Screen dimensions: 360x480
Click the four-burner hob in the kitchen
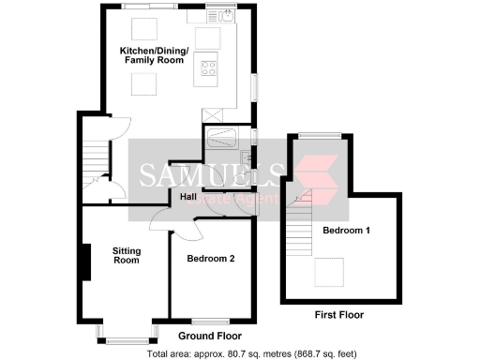(x=207, y=68)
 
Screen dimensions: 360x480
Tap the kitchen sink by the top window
(x=228, y=15)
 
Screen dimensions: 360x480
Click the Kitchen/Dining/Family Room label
(x=154, y=54)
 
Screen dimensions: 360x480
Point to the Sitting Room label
(x=126, y=255)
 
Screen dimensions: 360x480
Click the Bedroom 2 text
(x=210, y=258)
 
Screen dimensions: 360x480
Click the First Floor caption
(x=338, y=315)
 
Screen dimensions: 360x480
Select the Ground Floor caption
(x=210, y=336)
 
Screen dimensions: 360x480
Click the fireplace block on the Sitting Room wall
(x=85, y=262)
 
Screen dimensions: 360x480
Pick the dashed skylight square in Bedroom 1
(x=328, y=274)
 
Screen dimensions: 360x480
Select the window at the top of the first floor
(x=313, y=136)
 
